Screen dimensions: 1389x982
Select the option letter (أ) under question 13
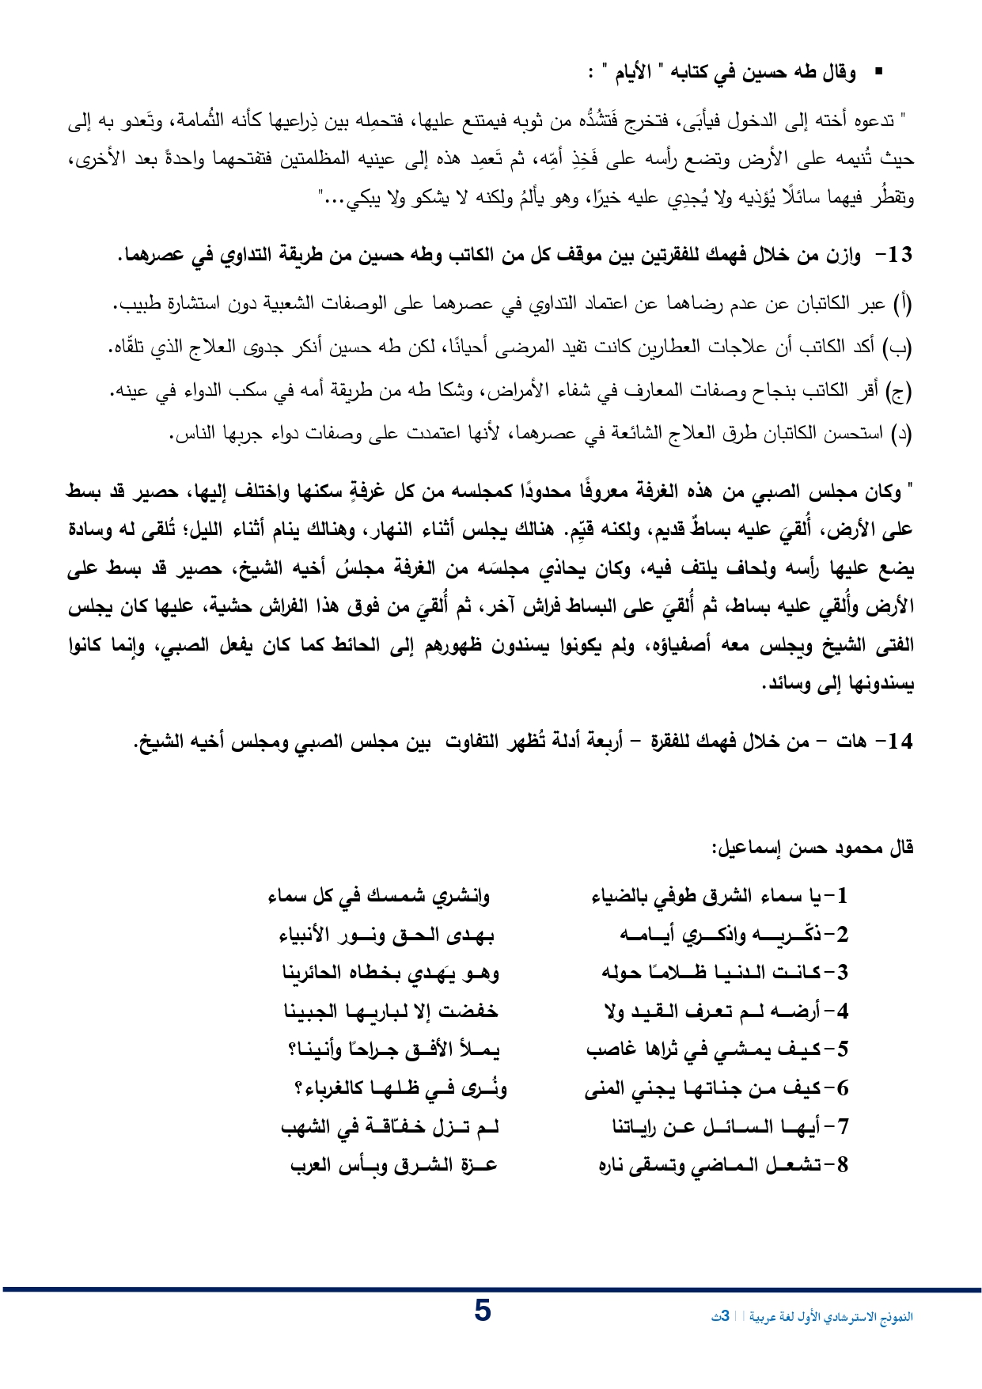click(x=903, y=303)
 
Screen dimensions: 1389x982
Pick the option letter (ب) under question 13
click(x=903, y=347)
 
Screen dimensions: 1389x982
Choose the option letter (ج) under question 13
click(x=903, y=390)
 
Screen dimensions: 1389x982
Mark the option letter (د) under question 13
click(x=903, y=434)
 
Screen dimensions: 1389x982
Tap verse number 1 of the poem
click(x=841, y=896)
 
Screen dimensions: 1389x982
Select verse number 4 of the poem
click(x=841, y=1011)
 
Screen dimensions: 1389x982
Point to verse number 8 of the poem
click(x=841, y=1165)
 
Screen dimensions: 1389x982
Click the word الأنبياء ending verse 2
click(x=309, y=935)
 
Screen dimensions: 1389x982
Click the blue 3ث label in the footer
click(x=720, y=1317)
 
